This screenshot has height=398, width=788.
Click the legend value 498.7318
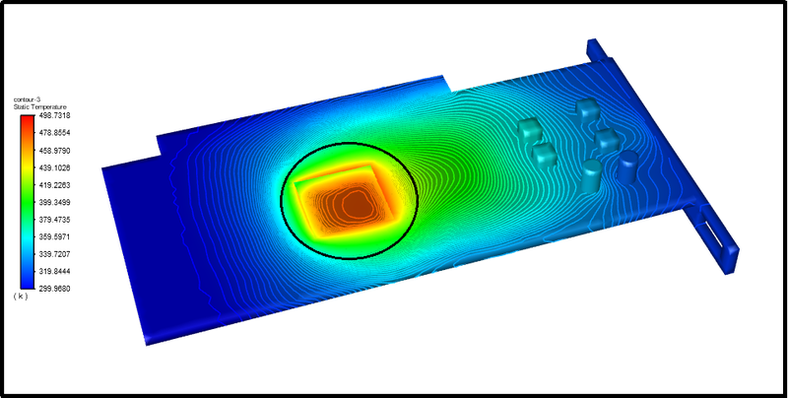53,115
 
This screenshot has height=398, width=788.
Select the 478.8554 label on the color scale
53,132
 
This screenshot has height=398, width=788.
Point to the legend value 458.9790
53,150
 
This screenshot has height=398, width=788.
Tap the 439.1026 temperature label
53,167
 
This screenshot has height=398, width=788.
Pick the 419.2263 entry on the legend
53,184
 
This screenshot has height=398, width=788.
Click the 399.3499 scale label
53,202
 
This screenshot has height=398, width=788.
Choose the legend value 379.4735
53,220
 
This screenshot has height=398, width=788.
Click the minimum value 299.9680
53,289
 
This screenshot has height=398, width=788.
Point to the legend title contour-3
27,100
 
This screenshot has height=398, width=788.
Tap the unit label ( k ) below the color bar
21,297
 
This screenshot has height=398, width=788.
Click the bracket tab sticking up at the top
596,49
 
